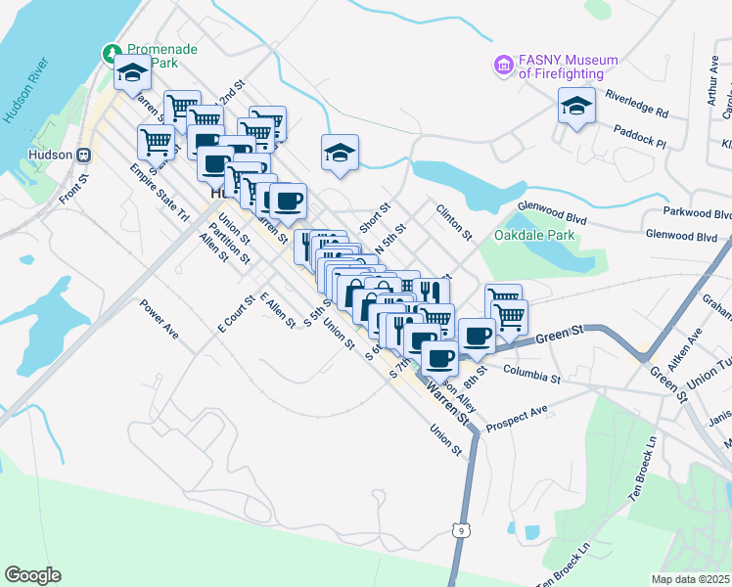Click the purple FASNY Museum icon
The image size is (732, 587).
click(x=504, y=67)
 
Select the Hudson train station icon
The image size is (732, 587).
click(x=85, y=155)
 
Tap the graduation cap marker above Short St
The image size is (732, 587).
click(x=340, y=152)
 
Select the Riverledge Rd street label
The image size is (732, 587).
click(x=635, y=98)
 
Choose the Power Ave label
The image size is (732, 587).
click(x=159, y=319)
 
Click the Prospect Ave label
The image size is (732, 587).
click(x=518, y=416)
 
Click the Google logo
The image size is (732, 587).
click(x=32, y=575)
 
